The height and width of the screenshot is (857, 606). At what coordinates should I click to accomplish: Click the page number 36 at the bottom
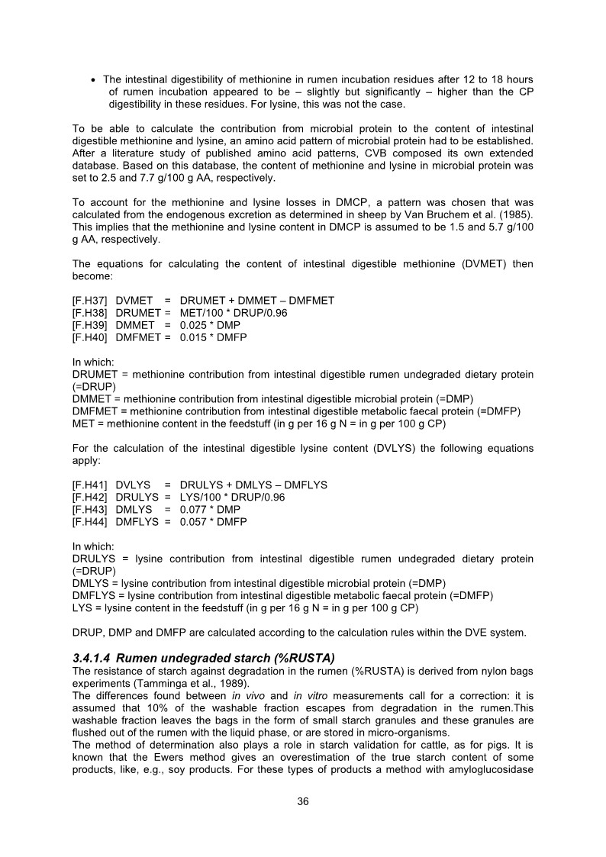(x=303, y=801)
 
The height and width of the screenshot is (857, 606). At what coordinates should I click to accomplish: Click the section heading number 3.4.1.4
(x=96, y=659)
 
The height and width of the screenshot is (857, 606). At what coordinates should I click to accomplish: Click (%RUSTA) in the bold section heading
(x=292, y=659)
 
